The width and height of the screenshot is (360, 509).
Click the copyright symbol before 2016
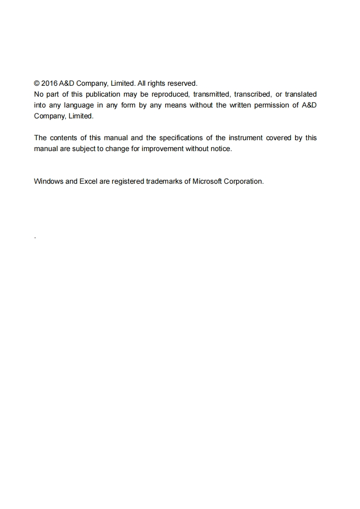click(x=37, y=83)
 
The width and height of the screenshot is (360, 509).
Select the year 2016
click(x=49, y=83)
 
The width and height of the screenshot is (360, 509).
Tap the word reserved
click(x=182, y=83)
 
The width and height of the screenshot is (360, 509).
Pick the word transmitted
click(x=212, y=94)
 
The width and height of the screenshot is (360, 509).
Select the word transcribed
click(x=252, y=94)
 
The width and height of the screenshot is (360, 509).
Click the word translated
click(x=301, y=94)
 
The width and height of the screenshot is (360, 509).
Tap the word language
click(x=79, y=105)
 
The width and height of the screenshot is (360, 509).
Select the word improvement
click(x=162, y=149)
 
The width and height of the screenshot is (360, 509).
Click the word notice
click(x=221, y=149)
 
